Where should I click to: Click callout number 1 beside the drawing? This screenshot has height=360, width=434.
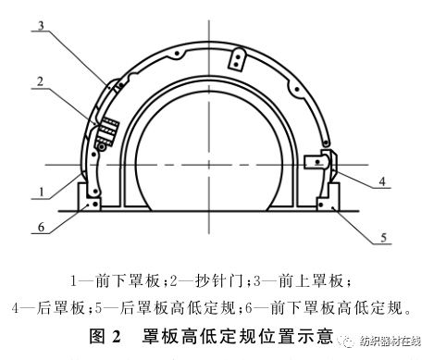[x=37, y=192]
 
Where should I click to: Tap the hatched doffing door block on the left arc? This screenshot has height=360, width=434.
[x=107, y=132]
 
